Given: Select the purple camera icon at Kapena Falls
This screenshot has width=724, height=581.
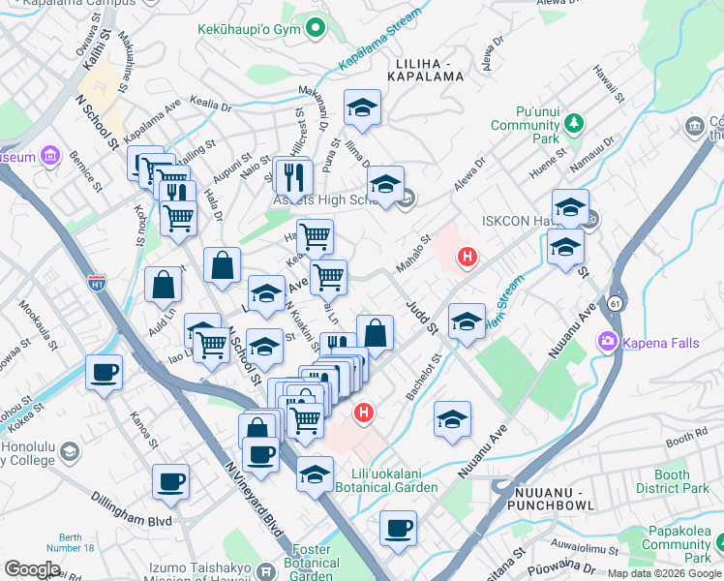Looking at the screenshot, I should pos(607,341).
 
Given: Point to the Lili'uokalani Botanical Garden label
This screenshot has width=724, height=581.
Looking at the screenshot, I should pos(392,481).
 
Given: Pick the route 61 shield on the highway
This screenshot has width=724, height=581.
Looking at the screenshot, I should pos(615,303).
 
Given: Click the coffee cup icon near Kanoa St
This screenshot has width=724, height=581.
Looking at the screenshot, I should pos(105,373).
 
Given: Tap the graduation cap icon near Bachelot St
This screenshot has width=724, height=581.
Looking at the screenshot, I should pos(452,418).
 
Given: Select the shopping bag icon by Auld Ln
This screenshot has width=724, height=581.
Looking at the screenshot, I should pos(164,284).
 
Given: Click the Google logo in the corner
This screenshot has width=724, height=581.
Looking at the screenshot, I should pos(32,568).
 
